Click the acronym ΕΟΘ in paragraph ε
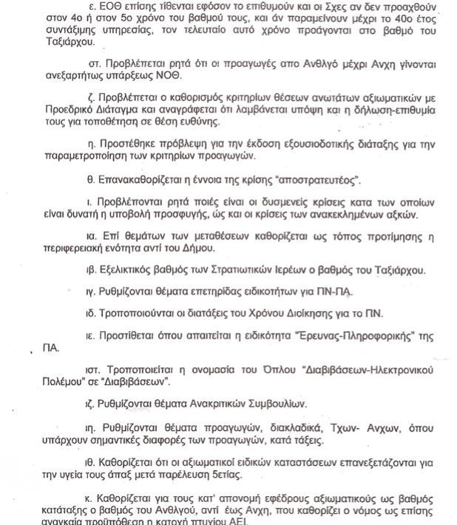tap(109, 6)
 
